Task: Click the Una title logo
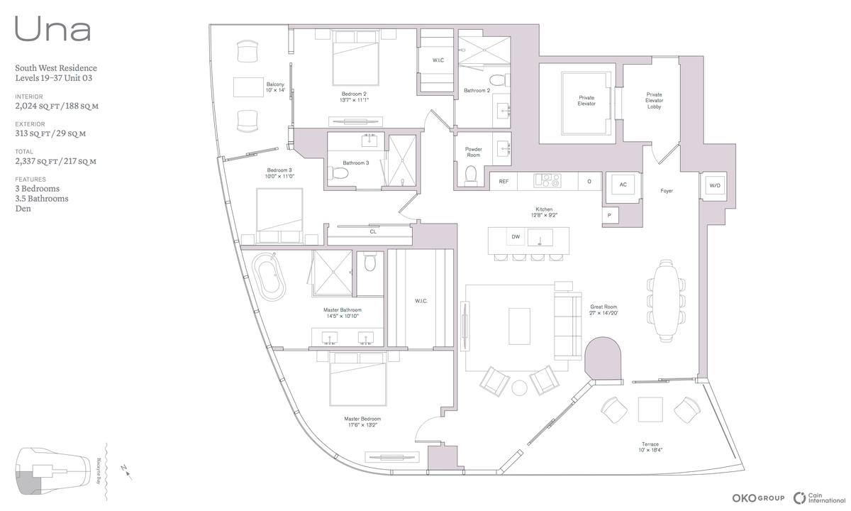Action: (x=52, y=29)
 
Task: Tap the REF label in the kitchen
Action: (x=504, y=182)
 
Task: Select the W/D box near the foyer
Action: (x=715, y=186)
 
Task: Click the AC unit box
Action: (x=623, y=185)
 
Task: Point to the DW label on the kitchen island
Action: (x=516, y=237)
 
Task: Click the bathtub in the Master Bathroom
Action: (x=269, y=277)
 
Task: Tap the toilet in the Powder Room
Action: (x=471, y=175)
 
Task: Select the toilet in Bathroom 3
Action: (x=338, y=173)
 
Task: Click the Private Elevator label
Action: (x=586, y=101)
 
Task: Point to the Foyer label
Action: (x=667, y=191)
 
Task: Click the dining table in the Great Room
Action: (x=666, y=301)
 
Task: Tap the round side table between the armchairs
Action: (x=519, y=388)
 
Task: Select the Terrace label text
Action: (x=650, y=444)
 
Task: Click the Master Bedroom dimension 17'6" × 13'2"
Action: (x=362, y=425)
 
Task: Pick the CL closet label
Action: (x=373, y=231)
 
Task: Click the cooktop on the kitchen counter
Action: (x=547, y=180)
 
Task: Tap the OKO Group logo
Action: (x=758, y=498)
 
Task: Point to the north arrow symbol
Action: (x=127, y=472)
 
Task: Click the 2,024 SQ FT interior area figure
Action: (x=37, y=106)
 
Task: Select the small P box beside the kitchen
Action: (x=609, y=216)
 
